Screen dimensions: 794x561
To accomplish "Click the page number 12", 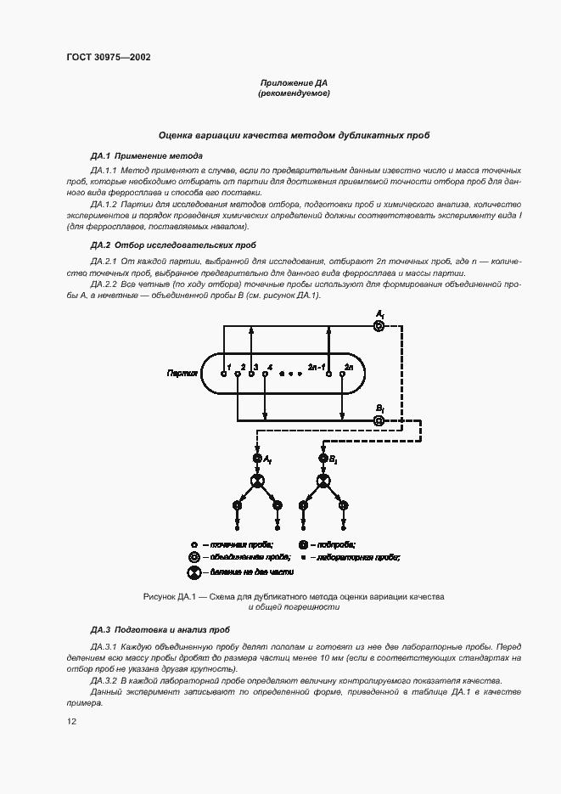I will click(x=71, y=721).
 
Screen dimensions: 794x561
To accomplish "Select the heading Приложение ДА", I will click(x=293, y=83).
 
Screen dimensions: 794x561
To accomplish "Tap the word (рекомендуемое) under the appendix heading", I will click(x=293, y=93).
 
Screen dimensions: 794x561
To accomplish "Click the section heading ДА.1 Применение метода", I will click(x=146, y=156).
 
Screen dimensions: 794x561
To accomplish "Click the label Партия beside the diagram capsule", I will click(x=182, y=372).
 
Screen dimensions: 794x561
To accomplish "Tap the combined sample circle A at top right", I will click(x=379, y=326).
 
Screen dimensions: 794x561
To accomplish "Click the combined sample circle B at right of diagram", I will click(x=379, y=420).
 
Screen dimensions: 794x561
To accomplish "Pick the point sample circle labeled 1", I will click(x=223, y=373).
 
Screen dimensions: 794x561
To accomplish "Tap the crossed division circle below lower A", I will click(x=257, y=481).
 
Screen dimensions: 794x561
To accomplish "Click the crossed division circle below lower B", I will click(x=323, y=481).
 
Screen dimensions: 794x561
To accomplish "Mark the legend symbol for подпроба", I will click(x=303, y=543).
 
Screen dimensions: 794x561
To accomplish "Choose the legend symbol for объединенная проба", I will click(x=194, y=557).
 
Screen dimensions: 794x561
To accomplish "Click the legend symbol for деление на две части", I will click(x=194, y=574).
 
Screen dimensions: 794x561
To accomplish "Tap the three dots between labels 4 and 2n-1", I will click(x=290, y=373).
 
